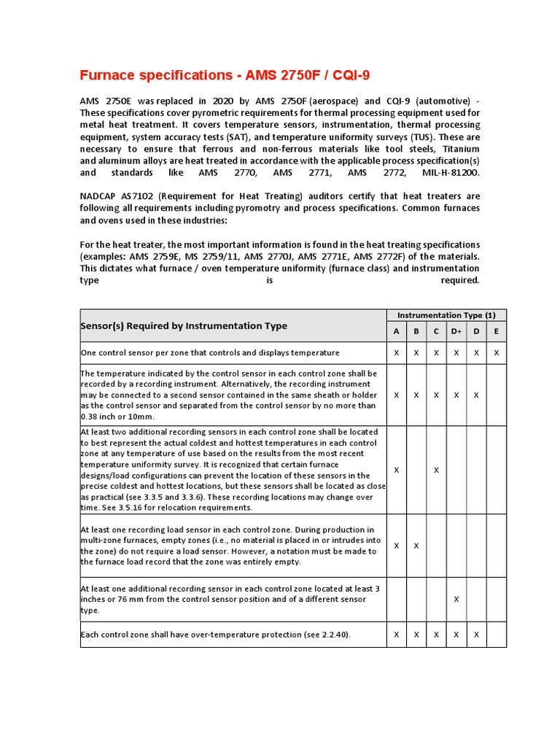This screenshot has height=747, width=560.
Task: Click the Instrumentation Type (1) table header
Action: [446, 315]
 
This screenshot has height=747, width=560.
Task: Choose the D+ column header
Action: [456, 331]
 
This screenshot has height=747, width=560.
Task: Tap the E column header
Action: [497, 331]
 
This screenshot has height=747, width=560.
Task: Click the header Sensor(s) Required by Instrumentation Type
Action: [184, 326]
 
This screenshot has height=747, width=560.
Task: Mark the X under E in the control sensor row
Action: [497, 352]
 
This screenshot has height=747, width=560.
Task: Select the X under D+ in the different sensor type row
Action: [456, 599]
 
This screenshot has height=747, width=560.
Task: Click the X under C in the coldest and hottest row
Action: [436, 470]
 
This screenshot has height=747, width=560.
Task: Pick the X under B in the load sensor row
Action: [416, 546]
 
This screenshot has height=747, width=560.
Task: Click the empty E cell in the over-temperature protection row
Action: [497, 635]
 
